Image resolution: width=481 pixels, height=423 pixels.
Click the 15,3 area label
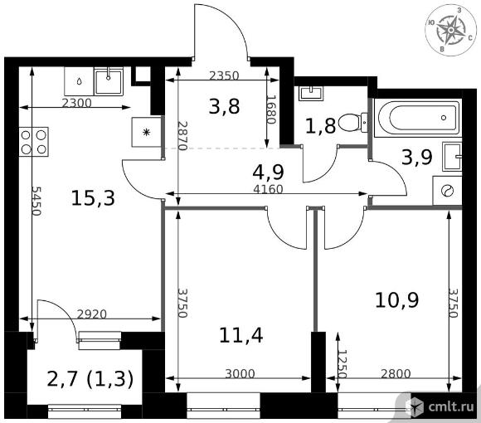point(93,198)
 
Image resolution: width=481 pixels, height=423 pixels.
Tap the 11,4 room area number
point(241,335)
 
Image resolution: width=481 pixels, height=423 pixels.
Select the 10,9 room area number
point(396,300)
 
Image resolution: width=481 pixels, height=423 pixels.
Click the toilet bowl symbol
point(352,123)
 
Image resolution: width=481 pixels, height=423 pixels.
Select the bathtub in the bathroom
point(418,118)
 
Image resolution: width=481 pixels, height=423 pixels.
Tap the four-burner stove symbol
point(34,142)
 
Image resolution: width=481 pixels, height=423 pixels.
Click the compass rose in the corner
point(450,30)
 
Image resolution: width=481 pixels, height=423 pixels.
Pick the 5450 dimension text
point(36,201)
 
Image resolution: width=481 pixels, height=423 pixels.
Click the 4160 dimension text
point(268,189)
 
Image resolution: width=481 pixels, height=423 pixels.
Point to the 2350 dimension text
point(224,75)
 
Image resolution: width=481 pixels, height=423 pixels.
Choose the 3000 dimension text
point(240,373)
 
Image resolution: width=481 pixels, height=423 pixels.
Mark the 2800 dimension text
point(396,373)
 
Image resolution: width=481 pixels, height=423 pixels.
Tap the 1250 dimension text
point(343,364)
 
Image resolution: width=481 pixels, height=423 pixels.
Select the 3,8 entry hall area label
point(224,107)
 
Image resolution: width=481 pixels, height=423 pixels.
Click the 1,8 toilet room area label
point(321,126)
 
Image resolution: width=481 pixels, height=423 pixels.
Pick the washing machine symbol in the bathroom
point(447,191)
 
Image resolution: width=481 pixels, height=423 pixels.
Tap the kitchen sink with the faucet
point(109,81)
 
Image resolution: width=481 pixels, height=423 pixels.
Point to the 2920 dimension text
point(91,314)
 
